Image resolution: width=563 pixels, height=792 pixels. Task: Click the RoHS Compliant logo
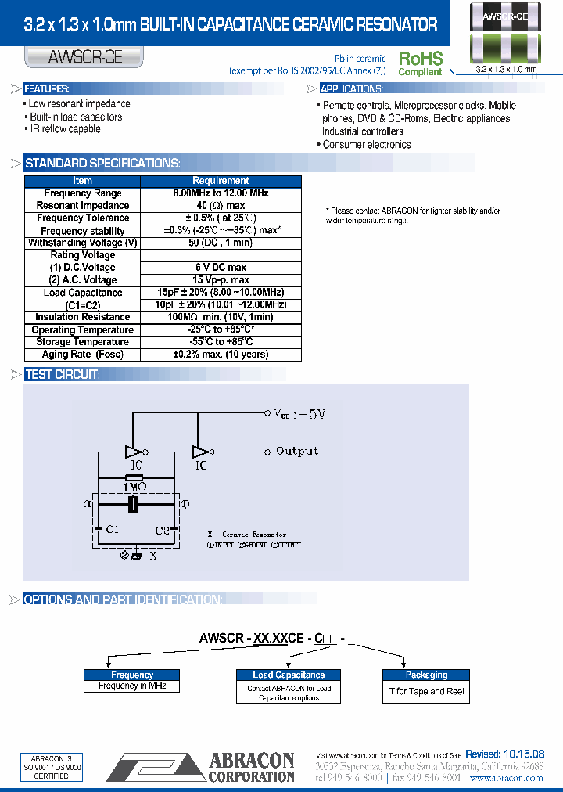421,63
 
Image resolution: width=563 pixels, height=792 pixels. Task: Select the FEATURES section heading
47,88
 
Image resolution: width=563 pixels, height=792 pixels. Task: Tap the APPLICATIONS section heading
351,88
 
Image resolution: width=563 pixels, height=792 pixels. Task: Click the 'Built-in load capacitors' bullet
75,117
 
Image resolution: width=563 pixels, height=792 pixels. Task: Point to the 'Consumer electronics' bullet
366,145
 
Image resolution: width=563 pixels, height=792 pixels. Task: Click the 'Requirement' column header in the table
221,180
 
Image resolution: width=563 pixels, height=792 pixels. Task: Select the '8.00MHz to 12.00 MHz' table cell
221,193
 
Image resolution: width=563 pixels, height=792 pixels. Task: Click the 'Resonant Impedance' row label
82,206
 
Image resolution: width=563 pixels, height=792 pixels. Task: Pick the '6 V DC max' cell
221,268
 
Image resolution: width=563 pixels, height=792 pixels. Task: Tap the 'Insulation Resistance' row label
82,317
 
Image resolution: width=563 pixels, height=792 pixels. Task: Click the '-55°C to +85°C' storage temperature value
221,342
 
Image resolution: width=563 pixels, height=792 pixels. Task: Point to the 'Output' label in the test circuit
297,452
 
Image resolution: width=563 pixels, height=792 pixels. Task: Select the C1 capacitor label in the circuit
112,530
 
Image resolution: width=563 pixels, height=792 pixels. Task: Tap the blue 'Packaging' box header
426,675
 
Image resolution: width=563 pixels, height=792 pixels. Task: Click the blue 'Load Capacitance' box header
289,675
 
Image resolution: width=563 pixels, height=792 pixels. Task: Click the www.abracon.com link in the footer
506,778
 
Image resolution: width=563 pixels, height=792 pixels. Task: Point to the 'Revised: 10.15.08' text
504,754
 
